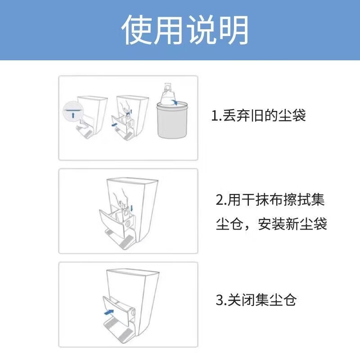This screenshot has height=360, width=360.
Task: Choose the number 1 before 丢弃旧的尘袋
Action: (x=214, y=116)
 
